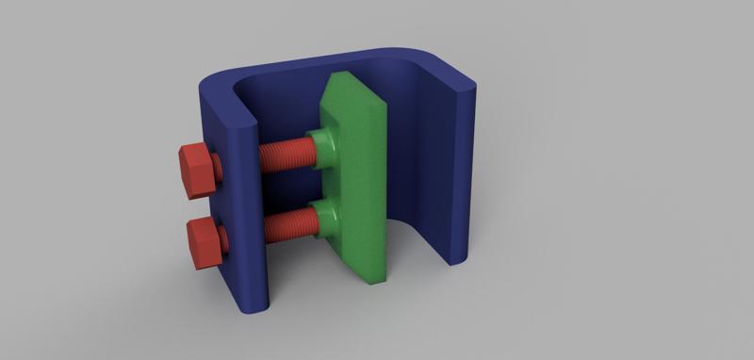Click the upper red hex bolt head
pyautogui.click(x=196, y=170)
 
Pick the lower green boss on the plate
pyautogui.click(x=326, y=219)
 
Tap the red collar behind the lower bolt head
pyautogui.click(x=224, y=241)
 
